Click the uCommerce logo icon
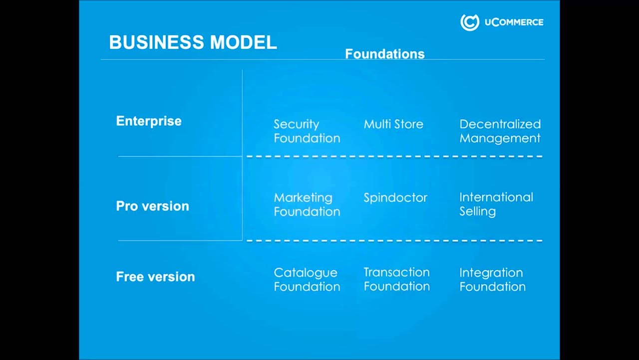(469, 22)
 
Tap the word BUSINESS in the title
(157, 42)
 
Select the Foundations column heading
(384, 54)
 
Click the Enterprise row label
(149, 121)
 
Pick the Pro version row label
(152, 206)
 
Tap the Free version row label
(155, 276)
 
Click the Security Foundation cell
(307, 131)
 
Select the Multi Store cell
(393, 124)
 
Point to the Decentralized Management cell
(500, 131)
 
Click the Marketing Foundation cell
(307, 204)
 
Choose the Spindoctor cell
(395, 197)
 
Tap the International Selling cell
(496, 204)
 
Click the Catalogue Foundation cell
(307, 279)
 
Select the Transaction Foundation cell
(396, 279)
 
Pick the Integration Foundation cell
(492, 279)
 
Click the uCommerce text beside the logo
(514, 22)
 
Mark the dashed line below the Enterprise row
(394, 156)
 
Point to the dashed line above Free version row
(394, 240)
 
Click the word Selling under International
(477, 211)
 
